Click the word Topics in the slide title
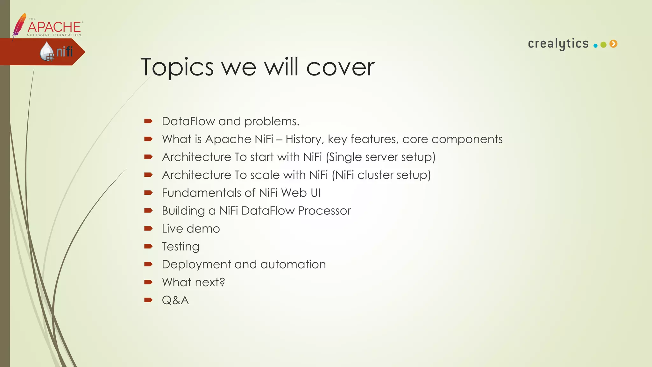[177, 68]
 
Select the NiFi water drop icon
[47, 51]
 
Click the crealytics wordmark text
[558, 44]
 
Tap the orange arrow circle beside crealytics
[613, 44]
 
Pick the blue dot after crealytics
[595, 46]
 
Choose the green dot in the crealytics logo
[603, 45]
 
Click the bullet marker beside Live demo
[148, 228]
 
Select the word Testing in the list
[181, 247]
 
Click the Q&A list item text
[175, 300]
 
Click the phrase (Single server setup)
[380, 157]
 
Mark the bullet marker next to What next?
[148, 282]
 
